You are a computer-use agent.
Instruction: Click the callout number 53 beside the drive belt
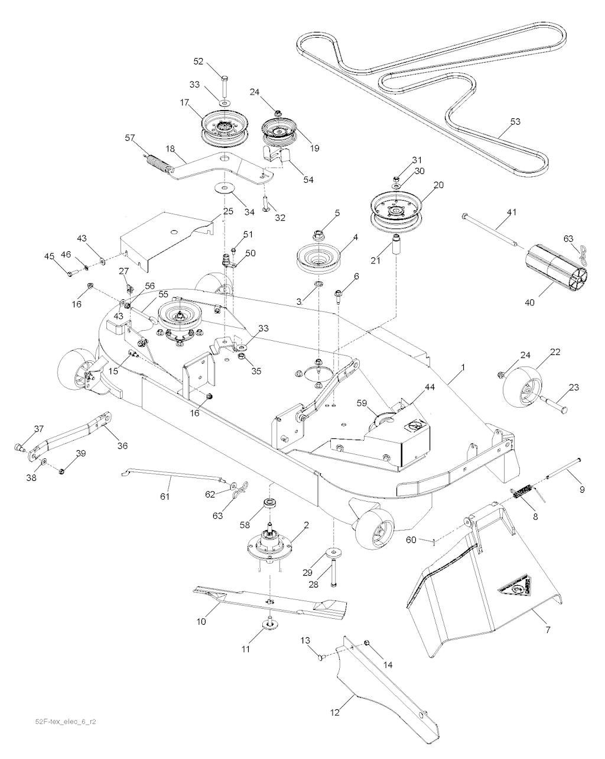[x=515, y=122]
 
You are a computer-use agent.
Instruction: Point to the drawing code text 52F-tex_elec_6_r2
[x=66, y=723]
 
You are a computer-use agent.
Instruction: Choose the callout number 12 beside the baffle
[x=335, y=712]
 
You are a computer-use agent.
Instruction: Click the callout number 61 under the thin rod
[x=165, y=496]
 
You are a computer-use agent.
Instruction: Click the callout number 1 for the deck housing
[x=463, y=367]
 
